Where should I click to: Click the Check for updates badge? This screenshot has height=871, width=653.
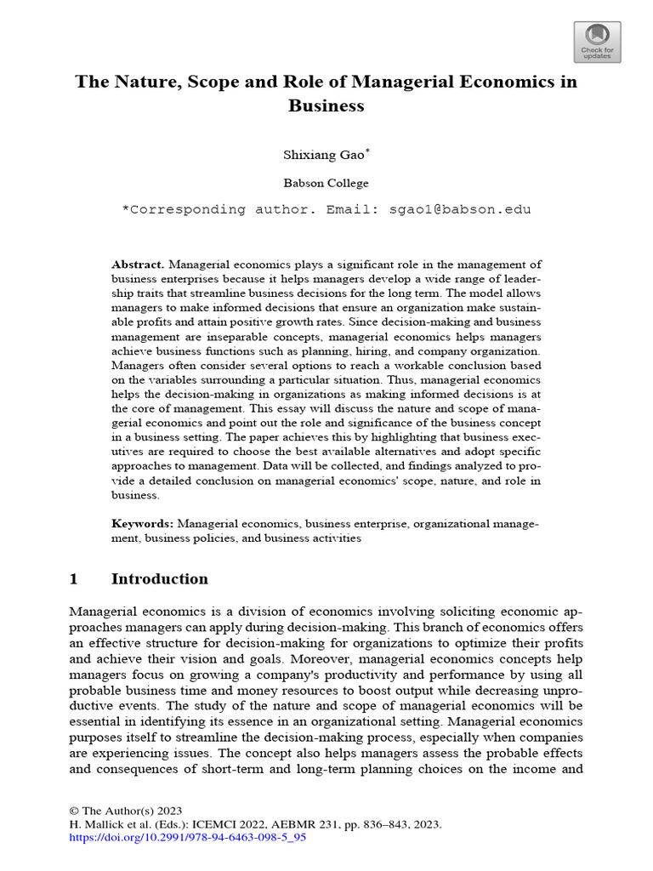(598, 42)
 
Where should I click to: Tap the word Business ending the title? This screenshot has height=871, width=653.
(326, 106)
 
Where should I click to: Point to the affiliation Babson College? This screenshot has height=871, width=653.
(326, 182)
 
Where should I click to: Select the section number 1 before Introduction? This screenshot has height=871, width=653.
(73, 579)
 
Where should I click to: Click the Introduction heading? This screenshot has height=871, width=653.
(160, 579)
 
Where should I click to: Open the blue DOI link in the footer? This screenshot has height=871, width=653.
(187, 837)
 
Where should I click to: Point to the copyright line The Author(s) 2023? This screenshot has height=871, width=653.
(131, 811)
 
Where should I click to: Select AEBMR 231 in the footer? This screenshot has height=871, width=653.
(304, 824)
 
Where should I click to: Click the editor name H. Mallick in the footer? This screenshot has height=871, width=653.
(95, 824)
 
